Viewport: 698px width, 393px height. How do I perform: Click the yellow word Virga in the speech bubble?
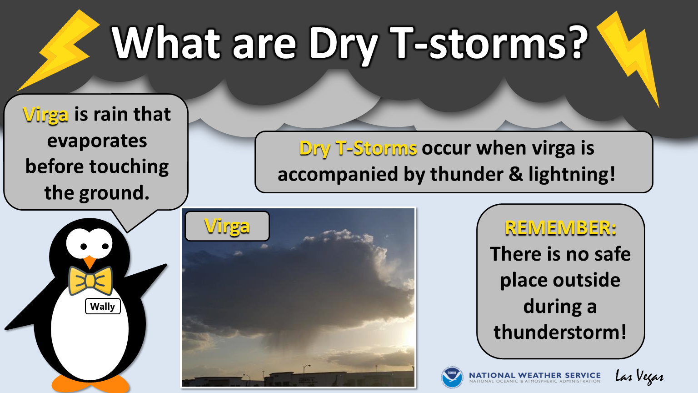[45, 115]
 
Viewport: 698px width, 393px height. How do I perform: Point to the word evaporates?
[97, 141]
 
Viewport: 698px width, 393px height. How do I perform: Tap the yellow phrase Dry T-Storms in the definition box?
[358, 148]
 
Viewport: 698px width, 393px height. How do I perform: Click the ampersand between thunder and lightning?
[516, 174]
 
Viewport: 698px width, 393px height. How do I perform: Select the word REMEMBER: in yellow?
[561, 228]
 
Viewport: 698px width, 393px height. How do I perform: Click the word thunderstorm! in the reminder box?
[560, 332]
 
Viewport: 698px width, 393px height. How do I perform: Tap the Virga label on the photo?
[227, 226]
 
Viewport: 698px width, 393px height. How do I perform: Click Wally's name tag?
[103, 306]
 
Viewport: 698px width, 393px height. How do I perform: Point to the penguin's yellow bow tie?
[90, 280]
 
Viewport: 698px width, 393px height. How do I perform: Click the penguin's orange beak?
[90, 262]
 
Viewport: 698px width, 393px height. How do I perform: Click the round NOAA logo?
[452, 377]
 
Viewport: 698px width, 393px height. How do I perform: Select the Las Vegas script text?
[639, 377]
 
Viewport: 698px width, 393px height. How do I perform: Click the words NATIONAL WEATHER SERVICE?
[535, 375]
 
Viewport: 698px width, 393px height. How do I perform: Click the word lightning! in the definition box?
[572, 174]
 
